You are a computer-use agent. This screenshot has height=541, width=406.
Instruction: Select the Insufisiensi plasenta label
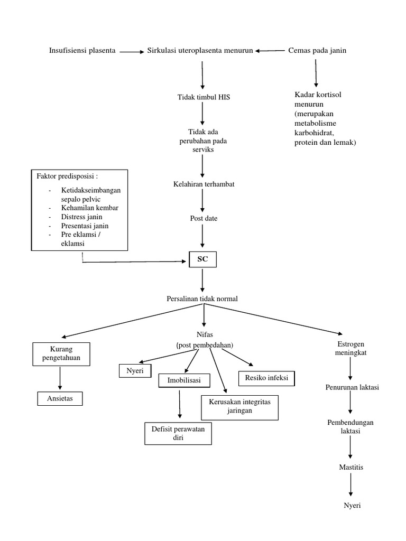coord(82,51)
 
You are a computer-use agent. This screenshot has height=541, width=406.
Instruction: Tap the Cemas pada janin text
coord(317,51)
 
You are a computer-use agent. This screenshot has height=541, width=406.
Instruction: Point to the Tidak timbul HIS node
coord(203,97)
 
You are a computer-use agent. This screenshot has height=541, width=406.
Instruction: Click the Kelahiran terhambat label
coord(204,184)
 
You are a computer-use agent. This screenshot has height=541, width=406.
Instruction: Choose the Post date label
coord(204,218)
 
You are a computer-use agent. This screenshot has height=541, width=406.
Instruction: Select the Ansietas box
coord(60,398)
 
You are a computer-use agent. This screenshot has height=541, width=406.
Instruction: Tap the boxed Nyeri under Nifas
coord(135,371)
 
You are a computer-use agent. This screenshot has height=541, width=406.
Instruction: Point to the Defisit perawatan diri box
coord(178,433)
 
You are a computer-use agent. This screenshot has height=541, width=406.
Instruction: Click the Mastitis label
coord(352,468)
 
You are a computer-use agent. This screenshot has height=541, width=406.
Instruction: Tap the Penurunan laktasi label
coord(352,387)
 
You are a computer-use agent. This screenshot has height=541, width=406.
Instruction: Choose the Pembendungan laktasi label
coord(352,427)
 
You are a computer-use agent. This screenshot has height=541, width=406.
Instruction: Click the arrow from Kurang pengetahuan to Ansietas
coord(60,378)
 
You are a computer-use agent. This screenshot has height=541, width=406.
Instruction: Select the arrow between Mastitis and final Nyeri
coord(352,486)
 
